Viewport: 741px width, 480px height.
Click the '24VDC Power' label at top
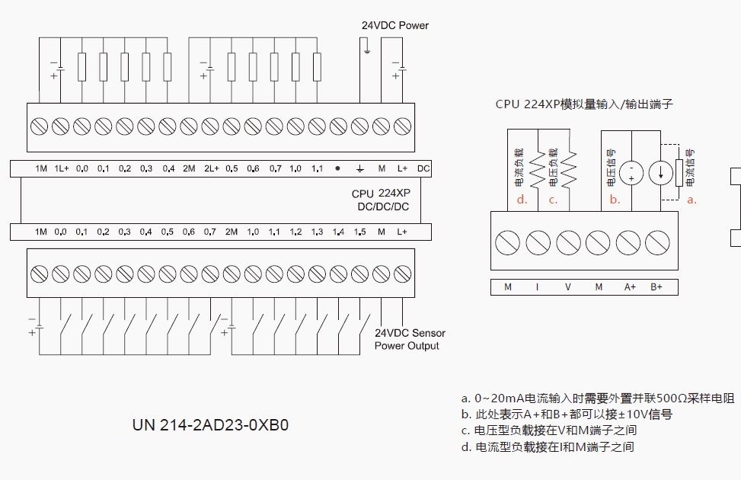click(x=394, y=25)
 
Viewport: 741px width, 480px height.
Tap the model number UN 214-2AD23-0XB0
click(x=210, y=425)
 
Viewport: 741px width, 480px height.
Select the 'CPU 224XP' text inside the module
click(x=381, y=194)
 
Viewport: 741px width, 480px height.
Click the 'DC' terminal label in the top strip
click(x=423, y=168)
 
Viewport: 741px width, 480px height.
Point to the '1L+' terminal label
click(x=62, y=168)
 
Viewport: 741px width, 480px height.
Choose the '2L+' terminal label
click(x=211, y=168)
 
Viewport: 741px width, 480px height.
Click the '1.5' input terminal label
click(x=360, y=232)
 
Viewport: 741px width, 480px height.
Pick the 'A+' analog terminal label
click(x=630, y=287)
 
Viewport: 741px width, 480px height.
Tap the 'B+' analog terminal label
click(x=656, y=287)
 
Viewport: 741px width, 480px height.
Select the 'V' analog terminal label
click(x=567, y=287)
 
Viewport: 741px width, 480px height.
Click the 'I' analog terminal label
click(x=537, y=287)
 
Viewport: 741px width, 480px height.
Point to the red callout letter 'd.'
click(x=522, y=200)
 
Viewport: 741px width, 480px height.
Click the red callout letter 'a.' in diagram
click(x=691, y=200)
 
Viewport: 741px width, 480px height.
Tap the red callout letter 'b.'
click(x=615, y=200)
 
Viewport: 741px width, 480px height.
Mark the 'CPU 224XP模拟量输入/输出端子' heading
click(x=584, y=104)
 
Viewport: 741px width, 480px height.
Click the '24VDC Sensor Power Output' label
click(x=409, y=339)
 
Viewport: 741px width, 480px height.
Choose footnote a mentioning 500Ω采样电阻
click(x=598, y=398)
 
